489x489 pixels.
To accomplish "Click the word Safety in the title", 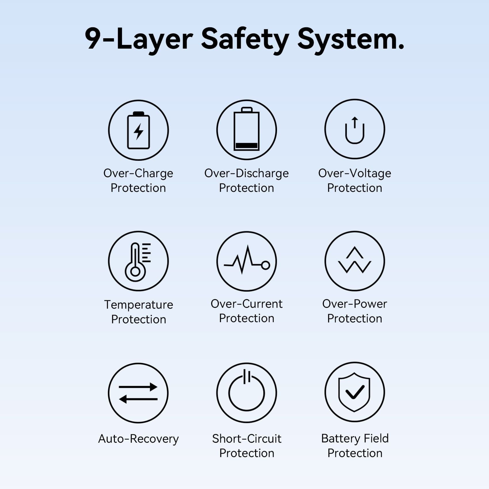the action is [245, 40].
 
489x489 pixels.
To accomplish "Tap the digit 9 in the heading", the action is [93, 39].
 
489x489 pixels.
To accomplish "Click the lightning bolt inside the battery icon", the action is [139, 131].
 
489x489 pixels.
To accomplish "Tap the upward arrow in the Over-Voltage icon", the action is [355, 122].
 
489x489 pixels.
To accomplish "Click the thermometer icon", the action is [137, 262].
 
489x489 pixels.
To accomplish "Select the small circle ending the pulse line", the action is [265, 265].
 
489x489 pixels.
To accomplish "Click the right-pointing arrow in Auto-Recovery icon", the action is [138, 387].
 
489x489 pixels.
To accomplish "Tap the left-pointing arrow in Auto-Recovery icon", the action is [138, 399].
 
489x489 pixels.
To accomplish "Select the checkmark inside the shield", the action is [355, 392].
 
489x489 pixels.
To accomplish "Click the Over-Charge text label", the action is [138, 173].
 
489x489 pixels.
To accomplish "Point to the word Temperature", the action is [139, 305].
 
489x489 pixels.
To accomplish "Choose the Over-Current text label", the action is [247, 304].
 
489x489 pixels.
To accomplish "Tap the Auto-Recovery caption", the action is [138, 439].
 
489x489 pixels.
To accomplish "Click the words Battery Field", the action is [355, 439].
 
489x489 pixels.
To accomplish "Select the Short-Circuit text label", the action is [247, 439].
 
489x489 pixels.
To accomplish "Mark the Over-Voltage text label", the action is [355, 173].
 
